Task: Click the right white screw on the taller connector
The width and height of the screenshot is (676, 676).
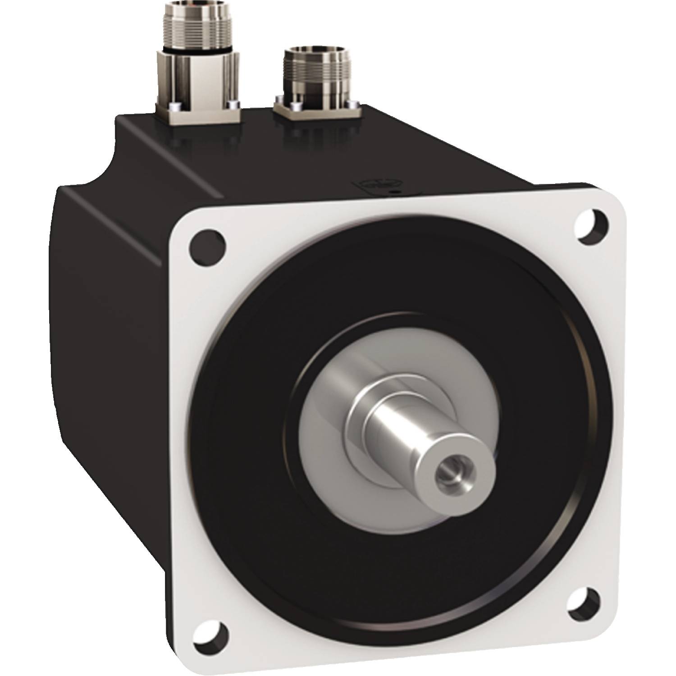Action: point(233,105)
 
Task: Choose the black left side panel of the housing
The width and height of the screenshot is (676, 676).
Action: point(113,338)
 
